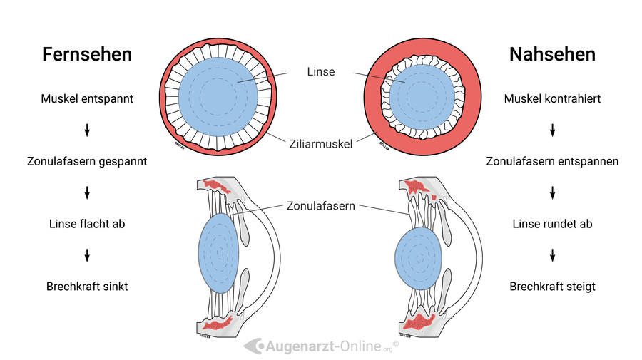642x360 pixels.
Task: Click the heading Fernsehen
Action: coord(87,54)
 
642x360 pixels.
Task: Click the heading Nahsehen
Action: coord(552,54)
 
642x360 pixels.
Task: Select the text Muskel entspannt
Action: coord(87,98)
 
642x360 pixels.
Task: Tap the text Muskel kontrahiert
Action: coord(552,98)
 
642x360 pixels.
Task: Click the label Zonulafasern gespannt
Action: coord(87,161)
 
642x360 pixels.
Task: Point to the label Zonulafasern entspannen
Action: coord(552,161)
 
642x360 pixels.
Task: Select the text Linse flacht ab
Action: coord(87,224)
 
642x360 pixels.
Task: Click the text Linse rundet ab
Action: coord(552,224)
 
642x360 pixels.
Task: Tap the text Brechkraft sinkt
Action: coord(87,287)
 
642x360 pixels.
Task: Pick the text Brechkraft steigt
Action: coord(552,287)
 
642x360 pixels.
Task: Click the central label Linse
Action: coord(320,72)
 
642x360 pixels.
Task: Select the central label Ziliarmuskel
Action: coord(320,143)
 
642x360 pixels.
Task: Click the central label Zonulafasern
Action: coord(320,206)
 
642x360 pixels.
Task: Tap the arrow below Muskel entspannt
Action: coord(87,130)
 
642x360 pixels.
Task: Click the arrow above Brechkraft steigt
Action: coord(552,255)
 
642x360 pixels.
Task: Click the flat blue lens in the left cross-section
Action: coord(217,254)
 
